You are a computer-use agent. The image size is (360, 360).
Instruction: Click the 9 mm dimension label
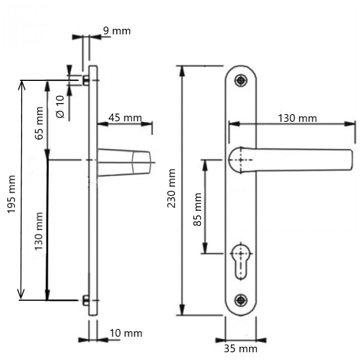(x=117, y=31)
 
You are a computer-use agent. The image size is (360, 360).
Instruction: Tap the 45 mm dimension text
(x=125, y=118)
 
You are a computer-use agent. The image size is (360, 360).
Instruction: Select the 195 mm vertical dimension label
(x=11, y=194)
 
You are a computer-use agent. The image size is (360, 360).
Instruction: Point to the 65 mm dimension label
(x=39, y=124)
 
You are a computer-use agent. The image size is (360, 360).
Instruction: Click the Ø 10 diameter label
(x=60, y=107)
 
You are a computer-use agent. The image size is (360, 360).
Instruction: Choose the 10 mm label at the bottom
(x=126, y=333)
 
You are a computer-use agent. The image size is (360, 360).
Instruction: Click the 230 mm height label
(x=171, y=188)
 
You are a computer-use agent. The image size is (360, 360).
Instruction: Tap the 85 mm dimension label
(x=198, y=209)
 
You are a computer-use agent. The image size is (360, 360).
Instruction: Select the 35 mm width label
(x=240, y=348)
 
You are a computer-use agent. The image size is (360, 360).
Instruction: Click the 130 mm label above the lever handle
(x=297, y=119)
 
